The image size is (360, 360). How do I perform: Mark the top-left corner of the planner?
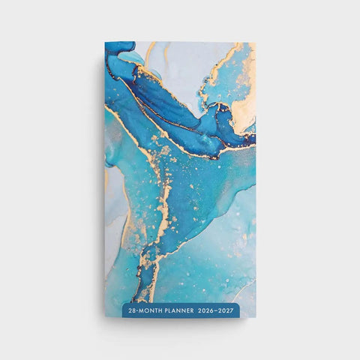[x=106, y=42]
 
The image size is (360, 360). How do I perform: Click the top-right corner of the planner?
[x=255, y=42]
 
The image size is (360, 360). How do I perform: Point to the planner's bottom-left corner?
[x=106, y=317]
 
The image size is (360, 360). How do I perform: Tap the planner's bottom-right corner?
[x=255, y=317]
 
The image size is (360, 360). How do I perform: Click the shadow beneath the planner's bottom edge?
[x=180, y=321]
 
